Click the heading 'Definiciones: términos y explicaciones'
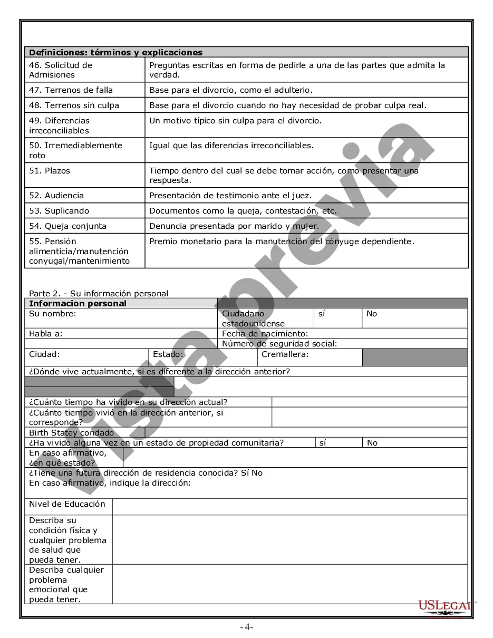[115, 52]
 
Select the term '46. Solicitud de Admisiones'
[60, 70]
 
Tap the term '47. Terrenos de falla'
[71, 90]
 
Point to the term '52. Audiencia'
[56, 196]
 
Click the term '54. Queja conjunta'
[67, 226]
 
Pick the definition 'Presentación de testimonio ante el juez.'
[230, 196]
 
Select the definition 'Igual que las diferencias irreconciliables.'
[231, 146]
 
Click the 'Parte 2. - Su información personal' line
[99, 294]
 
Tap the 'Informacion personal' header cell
[78, 304]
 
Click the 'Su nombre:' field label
[52, 314]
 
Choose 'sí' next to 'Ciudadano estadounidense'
[322, 314]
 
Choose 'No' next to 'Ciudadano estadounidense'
[372, 314]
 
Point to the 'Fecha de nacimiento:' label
[265, 334]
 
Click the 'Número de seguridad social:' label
[279, 344]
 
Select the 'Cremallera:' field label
[285, 354]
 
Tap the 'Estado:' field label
[168, 354]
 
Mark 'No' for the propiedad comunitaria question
[372, 443]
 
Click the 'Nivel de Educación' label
[67, 504]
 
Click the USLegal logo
[446, 606]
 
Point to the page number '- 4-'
[246, 627]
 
